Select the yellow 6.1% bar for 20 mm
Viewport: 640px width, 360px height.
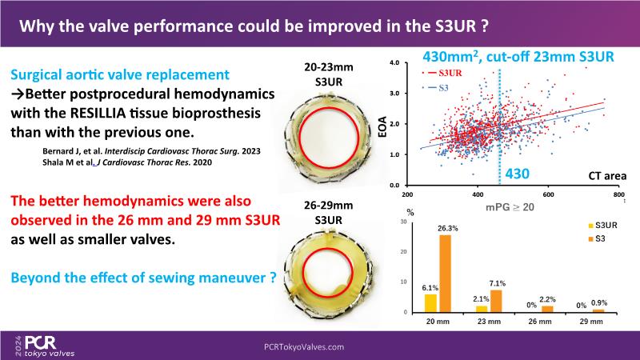click(431, 303)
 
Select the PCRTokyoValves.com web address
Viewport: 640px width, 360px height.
click(304, 346)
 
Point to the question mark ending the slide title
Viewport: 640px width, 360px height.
click(486, 26)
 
